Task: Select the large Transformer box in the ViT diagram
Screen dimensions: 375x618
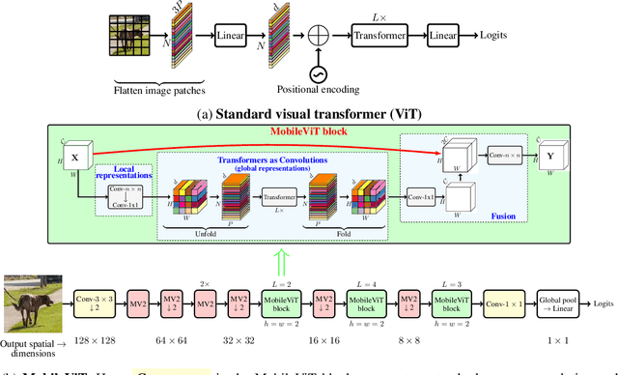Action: pos(377,36)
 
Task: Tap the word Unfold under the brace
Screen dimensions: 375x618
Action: pos(205,232)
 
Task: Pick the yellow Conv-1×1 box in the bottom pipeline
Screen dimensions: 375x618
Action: pos(505,303)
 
